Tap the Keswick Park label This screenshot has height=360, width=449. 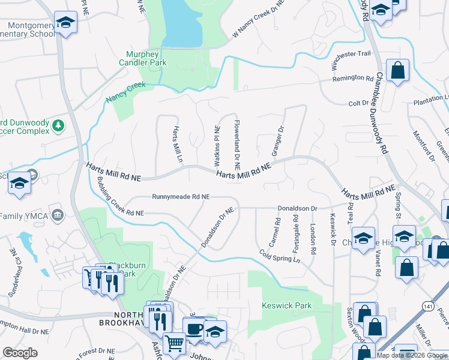coord(287,305)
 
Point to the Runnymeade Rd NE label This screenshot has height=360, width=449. coord(181,196)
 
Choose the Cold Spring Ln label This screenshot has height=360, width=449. coord(280,257)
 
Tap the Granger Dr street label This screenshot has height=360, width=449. coord(277,141)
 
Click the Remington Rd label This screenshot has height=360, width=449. coord(354,78)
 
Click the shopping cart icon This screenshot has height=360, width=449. coord(174,343)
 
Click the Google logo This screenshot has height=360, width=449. coord(20,353)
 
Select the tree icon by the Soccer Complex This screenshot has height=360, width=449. coord(58,125)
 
